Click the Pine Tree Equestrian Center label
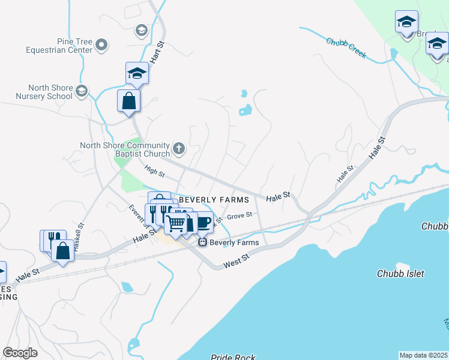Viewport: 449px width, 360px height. coord(58,46)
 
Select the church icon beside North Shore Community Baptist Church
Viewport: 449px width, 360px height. coord(178,148)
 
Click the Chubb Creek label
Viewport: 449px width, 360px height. coord(346,47)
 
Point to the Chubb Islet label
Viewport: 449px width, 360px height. coord(400,274)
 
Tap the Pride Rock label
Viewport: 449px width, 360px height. coord(233,358)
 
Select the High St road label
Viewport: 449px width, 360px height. coord(154,172)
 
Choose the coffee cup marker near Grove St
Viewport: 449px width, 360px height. coord(203,221)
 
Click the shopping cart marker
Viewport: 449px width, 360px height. coord(176,224)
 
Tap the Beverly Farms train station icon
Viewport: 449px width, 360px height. coord(202,242)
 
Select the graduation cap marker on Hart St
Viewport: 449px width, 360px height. coord(137,73)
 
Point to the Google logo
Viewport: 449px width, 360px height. coord(20,353)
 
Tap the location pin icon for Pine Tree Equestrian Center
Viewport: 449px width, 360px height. coord(101,45)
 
